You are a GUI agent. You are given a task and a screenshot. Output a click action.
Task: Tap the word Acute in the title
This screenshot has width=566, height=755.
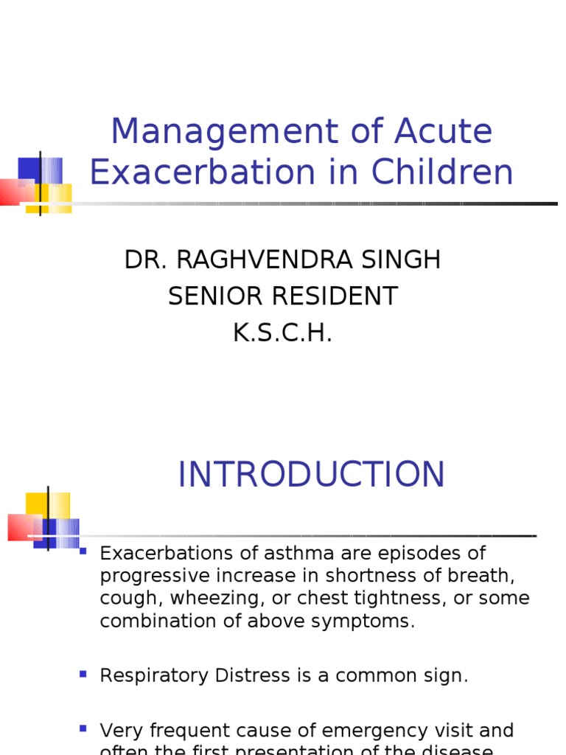pyautogui.click(x=443, y=133)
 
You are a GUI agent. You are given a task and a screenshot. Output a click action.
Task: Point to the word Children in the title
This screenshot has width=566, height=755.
pyautogui.click(x=442, y=173)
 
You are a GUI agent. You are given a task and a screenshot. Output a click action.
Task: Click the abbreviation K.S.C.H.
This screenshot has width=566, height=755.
pyautogui.click(x=283, y=333)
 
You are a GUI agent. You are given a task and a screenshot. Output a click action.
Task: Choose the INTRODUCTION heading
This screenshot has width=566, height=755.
pyautogui.click(x=311, y=475)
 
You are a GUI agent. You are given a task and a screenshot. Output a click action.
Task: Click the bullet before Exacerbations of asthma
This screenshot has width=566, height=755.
pyautogui.click(x=83, y=551)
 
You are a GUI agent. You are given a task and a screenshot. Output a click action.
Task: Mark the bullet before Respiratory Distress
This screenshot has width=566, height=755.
pyautogui.click(x=83, y=674)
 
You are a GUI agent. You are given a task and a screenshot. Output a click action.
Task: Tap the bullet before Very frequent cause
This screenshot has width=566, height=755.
pyautogui.click(x=83, y=728)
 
